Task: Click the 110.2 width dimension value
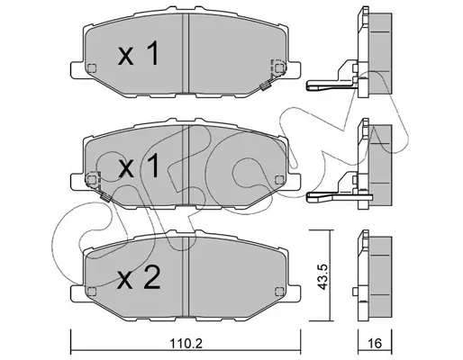coord(186,343)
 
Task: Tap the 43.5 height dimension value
coord(322,277)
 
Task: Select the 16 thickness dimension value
coord(375,343)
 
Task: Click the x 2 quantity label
coord(139,278)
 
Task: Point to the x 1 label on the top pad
coord(139,53)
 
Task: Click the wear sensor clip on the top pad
coord(265,86)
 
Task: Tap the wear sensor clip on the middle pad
coord(105,198)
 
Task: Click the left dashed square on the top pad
coord(92,68)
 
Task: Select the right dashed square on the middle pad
coord(279,180)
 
